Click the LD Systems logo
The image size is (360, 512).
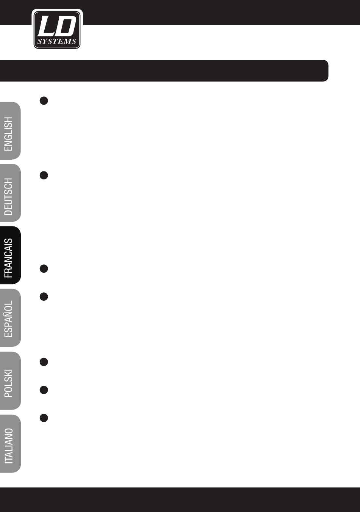[57, 29]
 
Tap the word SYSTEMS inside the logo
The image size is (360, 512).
[57, 41]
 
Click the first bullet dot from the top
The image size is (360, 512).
[44, 101]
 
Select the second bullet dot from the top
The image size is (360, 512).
[44, 175]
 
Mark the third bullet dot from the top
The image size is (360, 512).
[44, 269]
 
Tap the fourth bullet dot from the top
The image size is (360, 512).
[44, 297]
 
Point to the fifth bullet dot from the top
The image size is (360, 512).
[44, 362]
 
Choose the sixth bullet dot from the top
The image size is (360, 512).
[44, 390]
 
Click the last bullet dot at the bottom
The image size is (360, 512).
[44, 418]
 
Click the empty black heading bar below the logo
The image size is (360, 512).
[163, 71]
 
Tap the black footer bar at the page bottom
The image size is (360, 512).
[180, 499]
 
